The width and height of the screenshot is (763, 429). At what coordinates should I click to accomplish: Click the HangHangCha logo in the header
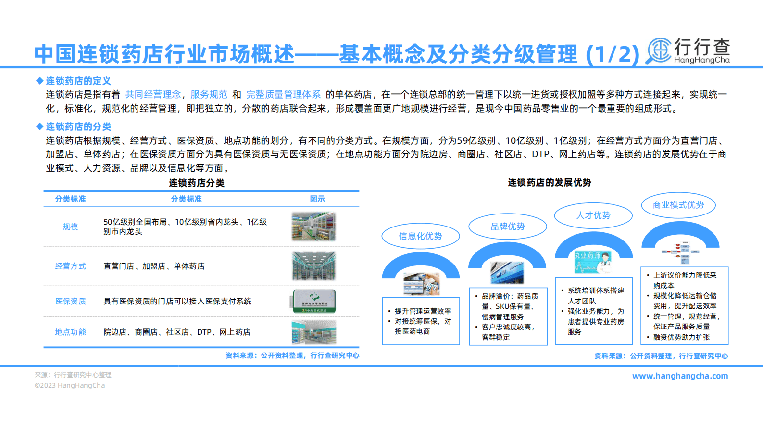pyautogui.click(x=688, y=51)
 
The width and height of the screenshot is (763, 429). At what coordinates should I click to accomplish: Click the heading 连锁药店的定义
pyautogui.click(x=78, y=81)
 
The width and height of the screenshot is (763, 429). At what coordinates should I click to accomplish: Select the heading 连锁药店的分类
pyautogui.click(x=78, y=126)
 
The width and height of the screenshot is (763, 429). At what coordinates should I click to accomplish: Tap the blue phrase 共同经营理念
pyautogui.click(x=153, y=94)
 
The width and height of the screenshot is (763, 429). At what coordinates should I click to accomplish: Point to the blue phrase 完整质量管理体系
pyautogui.click(x=283, y=94)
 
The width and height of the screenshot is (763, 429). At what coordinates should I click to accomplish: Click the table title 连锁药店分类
pyautogui.click(x=197, y=183)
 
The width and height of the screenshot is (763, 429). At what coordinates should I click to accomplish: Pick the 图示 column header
pyautogui.click(x=317, y=199)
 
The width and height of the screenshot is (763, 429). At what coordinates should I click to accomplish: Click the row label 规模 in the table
pyautogui.click(x=70, y=227)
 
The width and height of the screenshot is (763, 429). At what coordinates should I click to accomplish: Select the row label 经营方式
pyautogui.click(x=70, y=266)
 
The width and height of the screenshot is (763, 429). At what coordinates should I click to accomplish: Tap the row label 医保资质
pyautogui.click(x=70, y=301)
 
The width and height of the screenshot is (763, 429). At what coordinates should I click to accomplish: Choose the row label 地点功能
pyautogui.click(x=70, y=332)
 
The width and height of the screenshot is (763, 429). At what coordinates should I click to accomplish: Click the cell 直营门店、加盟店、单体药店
pyautogui.click(x=154, y=266)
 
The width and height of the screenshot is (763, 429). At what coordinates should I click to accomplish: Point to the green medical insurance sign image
pyautogui.click(x=314, y=301)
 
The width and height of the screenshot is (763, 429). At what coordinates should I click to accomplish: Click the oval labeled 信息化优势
pyautogui.click(x=420, y=236)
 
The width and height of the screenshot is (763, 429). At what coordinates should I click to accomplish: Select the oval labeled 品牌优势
pyautogui.click(x=507, y=227)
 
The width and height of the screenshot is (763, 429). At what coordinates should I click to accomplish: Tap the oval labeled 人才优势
pyautogui.click(x=593, y=215)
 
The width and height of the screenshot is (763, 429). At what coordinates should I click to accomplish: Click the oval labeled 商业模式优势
pyautogui.click(x=678, y=205)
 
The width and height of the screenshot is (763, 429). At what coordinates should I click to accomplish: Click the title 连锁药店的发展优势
pyautogui.click(x=550, y=183)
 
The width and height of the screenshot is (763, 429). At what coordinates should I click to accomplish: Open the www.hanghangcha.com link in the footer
pyautogui.click(x=680, y=376)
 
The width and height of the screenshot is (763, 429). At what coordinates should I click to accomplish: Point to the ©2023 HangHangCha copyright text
pyautogui.click(x=70, y=385)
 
